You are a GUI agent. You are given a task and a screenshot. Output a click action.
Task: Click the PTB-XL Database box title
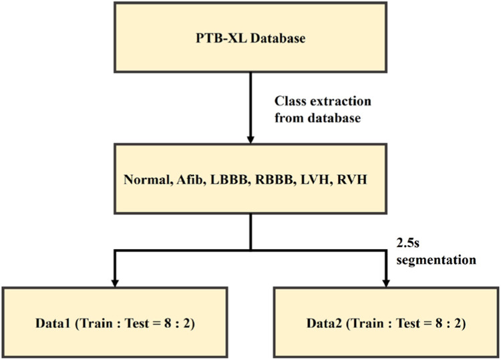250,39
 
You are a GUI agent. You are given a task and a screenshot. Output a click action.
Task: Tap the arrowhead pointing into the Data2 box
387,279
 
